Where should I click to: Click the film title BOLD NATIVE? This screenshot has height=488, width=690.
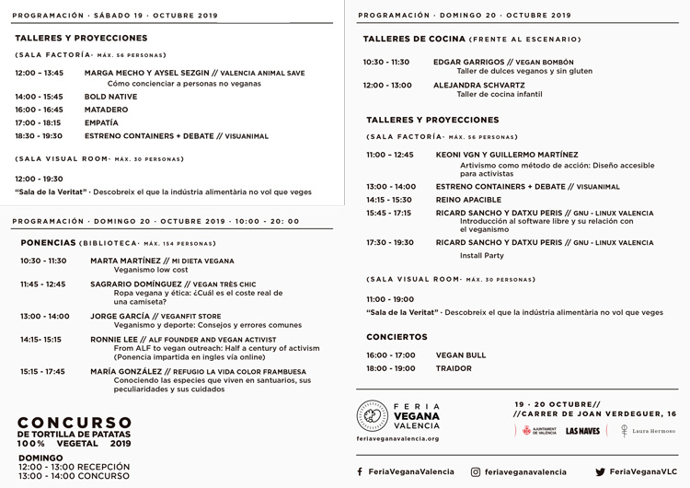(x=111, y=96)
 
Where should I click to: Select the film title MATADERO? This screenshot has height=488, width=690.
(x=107, y=109)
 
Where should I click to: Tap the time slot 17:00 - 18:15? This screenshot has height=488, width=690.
(x=38, y=122)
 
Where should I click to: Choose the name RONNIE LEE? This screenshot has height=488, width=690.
(x=110, y=339)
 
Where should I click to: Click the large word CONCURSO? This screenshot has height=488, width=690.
(x=75, y=420)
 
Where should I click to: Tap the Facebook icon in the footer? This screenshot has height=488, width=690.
(x=360, y=471)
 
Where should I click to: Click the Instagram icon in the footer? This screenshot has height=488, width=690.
(x=476, y=471)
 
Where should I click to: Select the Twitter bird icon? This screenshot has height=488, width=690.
(x=600, y=471)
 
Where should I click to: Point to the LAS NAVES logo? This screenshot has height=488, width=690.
(x=583, y=430)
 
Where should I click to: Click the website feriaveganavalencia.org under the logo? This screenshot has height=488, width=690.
(x=397, y=439)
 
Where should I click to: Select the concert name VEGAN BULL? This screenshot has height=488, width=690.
(x=461, y=354)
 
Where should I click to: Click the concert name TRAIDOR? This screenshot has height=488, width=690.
(x=454, y=368)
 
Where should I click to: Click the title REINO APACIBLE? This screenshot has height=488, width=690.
(x=468, y=199)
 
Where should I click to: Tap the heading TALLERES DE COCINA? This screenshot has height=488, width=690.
(x=414, y=39)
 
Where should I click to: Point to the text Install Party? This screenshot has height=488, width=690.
(x=482, y=255)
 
